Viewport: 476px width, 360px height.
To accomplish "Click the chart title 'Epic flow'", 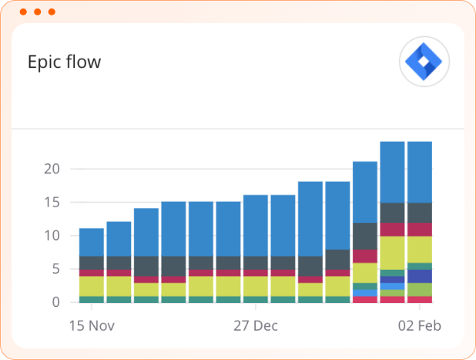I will pyautogui.click(x=64, y=62).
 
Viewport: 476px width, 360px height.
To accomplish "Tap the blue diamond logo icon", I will pyautogui.click(x=424, y=62).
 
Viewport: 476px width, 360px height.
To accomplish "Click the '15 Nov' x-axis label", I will pyautogui.click(x=92, y=325).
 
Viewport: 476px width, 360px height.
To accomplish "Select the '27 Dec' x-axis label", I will pyautogui.click(x=255, y=325).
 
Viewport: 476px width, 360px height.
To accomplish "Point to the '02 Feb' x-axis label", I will pyautogui.click(x=420, y=325).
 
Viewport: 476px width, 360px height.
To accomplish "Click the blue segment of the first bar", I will pyautogui.click(x=91, y=241).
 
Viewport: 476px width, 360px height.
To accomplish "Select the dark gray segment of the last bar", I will pyautogui.click(x=420, y=213).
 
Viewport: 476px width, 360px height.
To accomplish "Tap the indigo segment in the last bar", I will pyautogui.click(x=420, y=276).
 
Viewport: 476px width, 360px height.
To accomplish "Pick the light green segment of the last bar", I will pyautogui.click(x=420, y=289).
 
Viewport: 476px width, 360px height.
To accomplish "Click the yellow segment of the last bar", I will pyautogui.click(x=420, y=249).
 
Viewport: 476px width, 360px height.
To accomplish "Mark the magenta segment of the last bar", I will pyautogui.click(x=420, y=229).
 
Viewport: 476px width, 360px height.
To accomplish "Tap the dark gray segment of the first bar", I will pyautogui.click(x=91, y=262).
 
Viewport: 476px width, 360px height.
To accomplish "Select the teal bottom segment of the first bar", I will pyautogui.click(x=91, y=299).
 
